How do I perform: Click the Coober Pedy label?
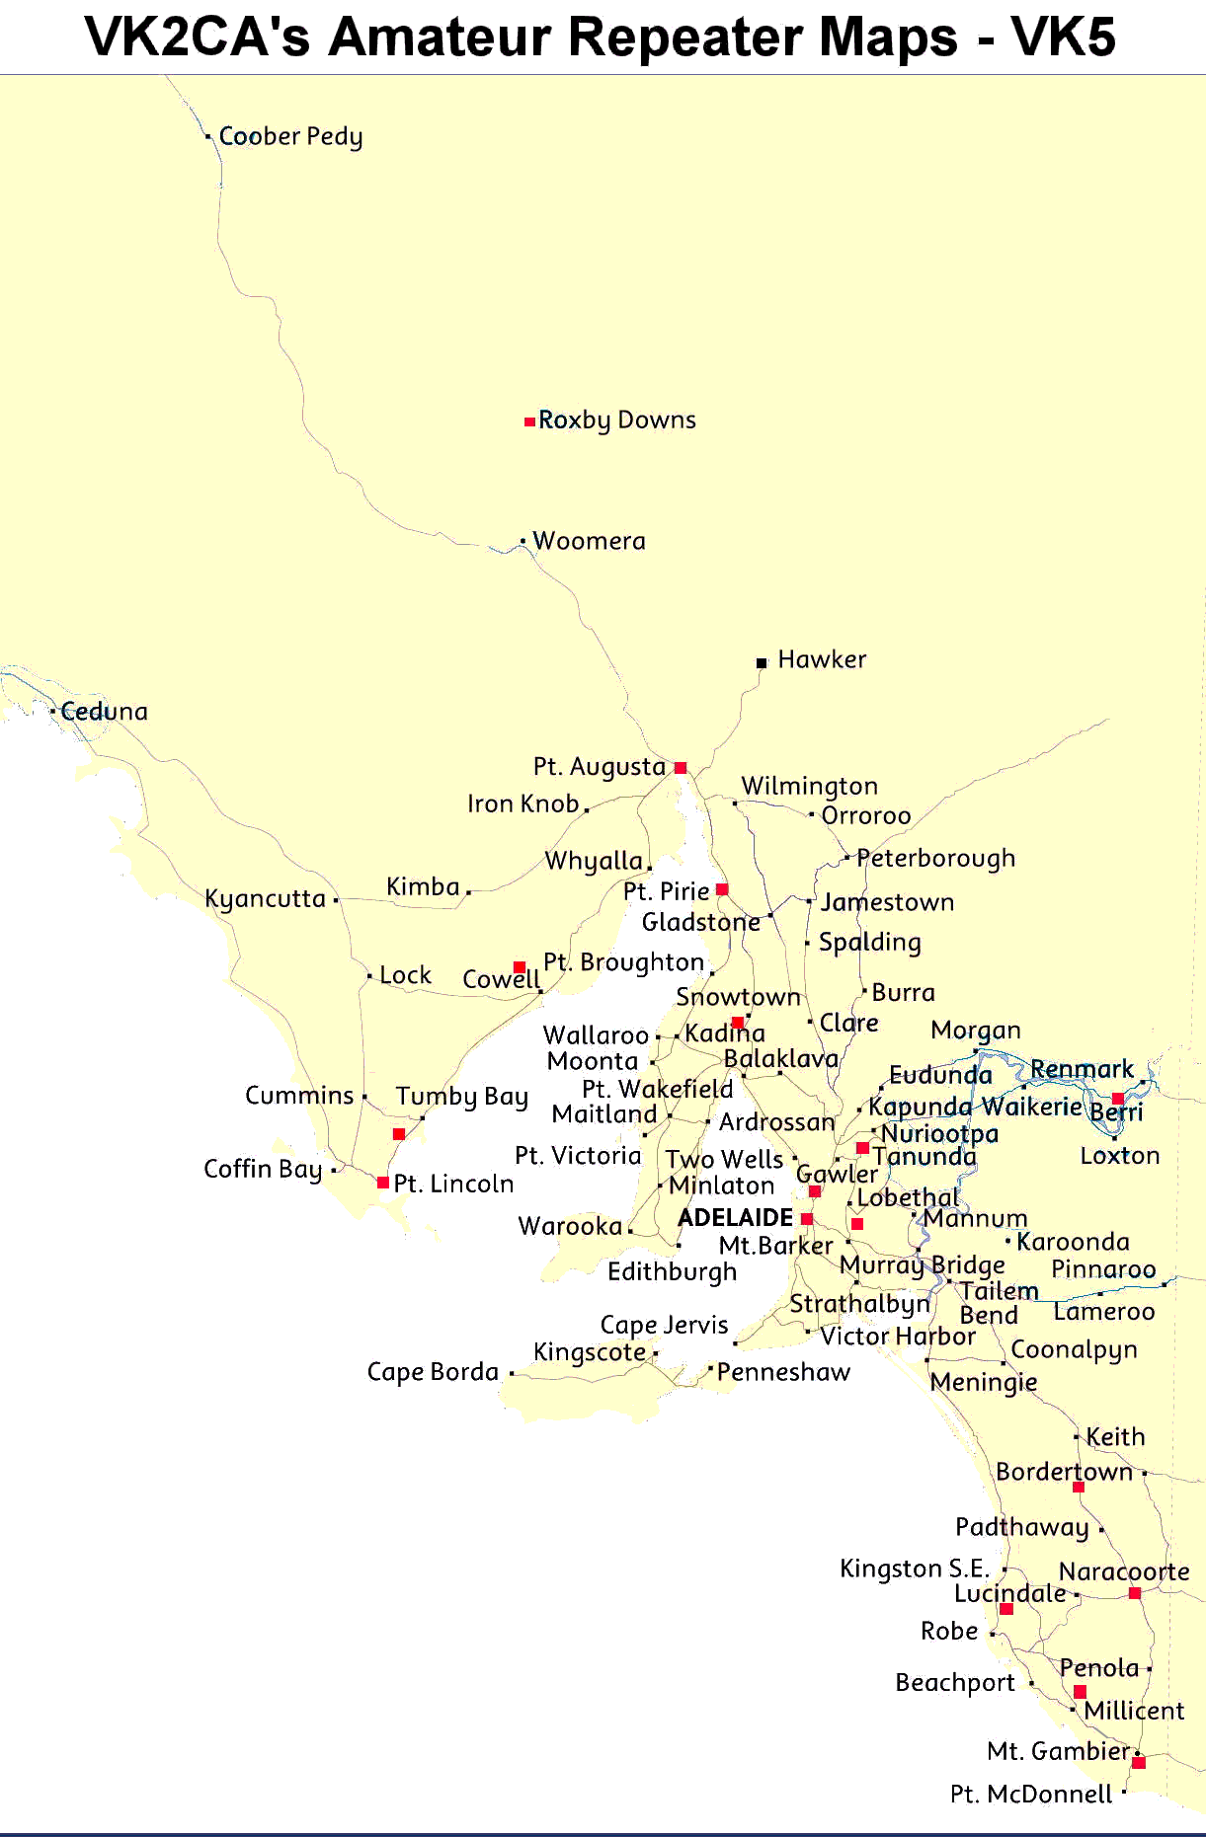click(290, 136)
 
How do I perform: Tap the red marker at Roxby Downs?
click(529, 421)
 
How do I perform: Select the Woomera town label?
click(589, 541)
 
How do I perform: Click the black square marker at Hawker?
click(762, 663)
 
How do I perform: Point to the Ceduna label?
click(104, 712)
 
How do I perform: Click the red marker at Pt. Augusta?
click(681, 768)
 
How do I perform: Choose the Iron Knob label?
click(523, 804)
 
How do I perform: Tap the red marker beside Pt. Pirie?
click(722, 890)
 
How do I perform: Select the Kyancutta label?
click(265, 899)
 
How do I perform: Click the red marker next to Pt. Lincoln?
click(383, 1183)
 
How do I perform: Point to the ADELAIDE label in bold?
click(735, 1218)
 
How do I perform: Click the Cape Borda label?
click(433, 1372)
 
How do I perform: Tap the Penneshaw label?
click(783, 1372)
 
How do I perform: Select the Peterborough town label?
click(935, 858)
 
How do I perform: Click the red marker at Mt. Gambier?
click(1139, 1762)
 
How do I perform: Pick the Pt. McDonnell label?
click(1031, 1795)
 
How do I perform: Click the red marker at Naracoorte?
click(1135, 1593)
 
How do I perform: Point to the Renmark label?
click(1082, 1070)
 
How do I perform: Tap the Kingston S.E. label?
click(915, 1569)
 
